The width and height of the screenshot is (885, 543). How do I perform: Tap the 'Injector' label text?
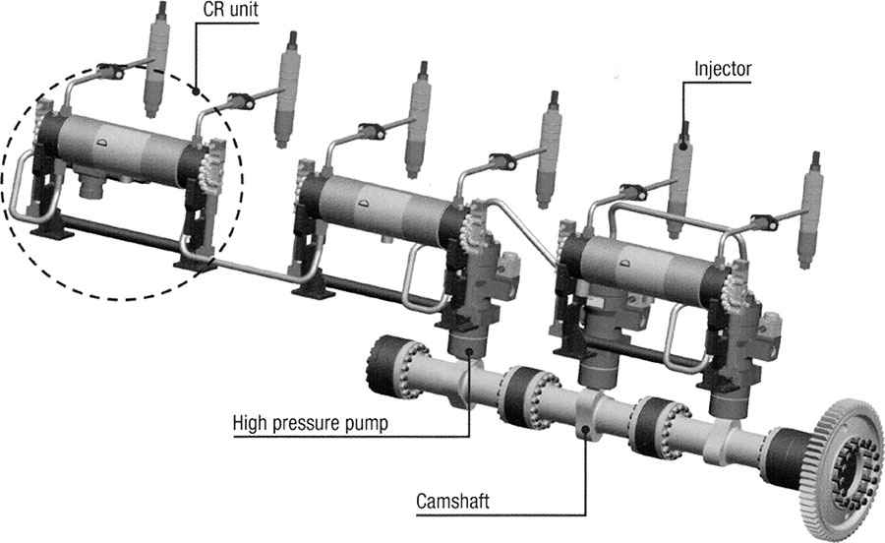tap(723, 69)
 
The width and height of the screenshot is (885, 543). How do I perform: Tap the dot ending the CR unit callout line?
tap(198, 93)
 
